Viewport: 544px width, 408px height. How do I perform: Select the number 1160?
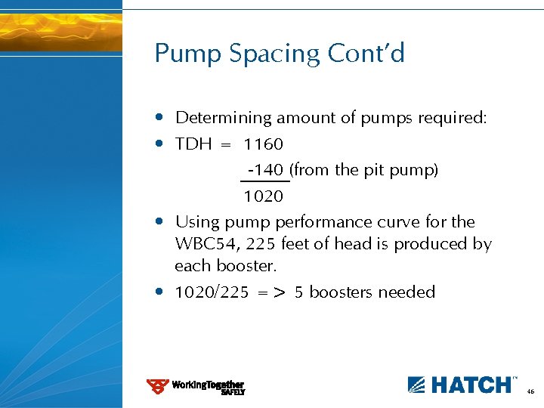point(263,144)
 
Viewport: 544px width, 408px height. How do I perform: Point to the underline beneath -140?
point(264,181)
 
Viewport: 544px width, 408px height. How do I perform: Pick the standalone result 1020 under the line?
point(263,196)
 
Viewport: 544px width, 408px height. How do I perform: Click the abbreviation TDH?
point(193,144)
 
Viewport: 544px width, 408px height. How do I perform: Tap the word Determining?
point(223,118)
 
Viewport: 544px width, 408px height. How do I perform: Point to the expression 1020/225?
point(211,292)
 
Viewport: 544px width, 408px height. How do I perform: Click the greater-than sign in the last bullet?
point(279,293)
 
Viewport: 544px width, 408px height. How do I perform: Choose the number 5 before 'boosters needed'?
point(299,292)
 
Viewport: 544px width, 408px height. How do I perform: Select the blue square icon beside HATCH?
point(418,385)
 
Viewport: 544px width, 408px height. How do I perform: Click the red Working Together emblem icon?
point(157,386)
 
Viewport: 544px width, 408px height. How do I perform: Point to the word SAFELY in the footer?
point(233,392)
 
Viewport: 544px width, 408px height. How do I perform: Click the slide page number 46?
point(530,392)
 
